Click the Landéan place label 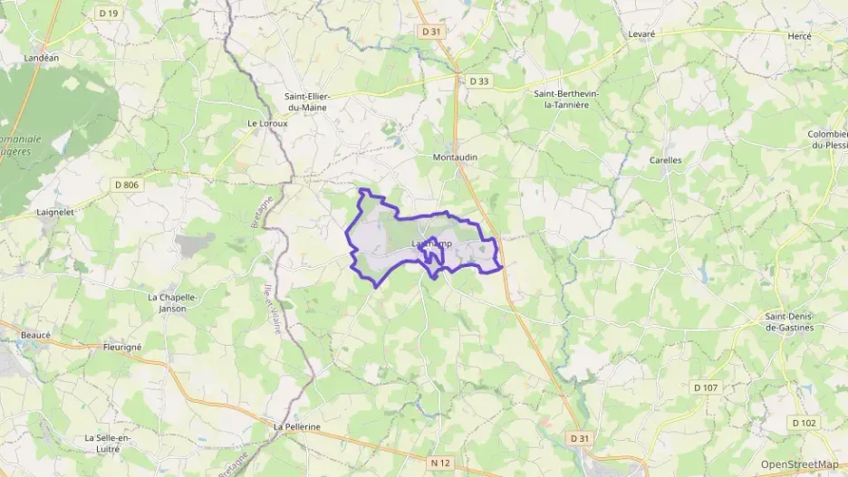click(41, 58)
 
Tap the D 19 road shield click(109, 13)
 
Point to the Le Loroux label click(266, 123)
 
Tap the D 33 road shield click(479, 81)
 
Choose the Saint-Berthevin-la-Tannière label click(574, 99)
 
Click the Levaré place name click(641, 34)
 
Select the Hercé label click(799, 35)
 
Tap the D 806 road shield click(127, 185)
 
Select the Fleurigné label click(122, 346)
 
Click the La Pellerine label click(297, 426)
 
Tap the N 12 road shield click(440, 463)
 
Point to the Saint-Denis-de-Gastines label click(790, 321)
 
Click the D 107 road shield click(705, 387)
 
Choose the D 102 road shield click(804, 422)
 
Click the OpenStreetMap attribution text click(799, 464)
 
